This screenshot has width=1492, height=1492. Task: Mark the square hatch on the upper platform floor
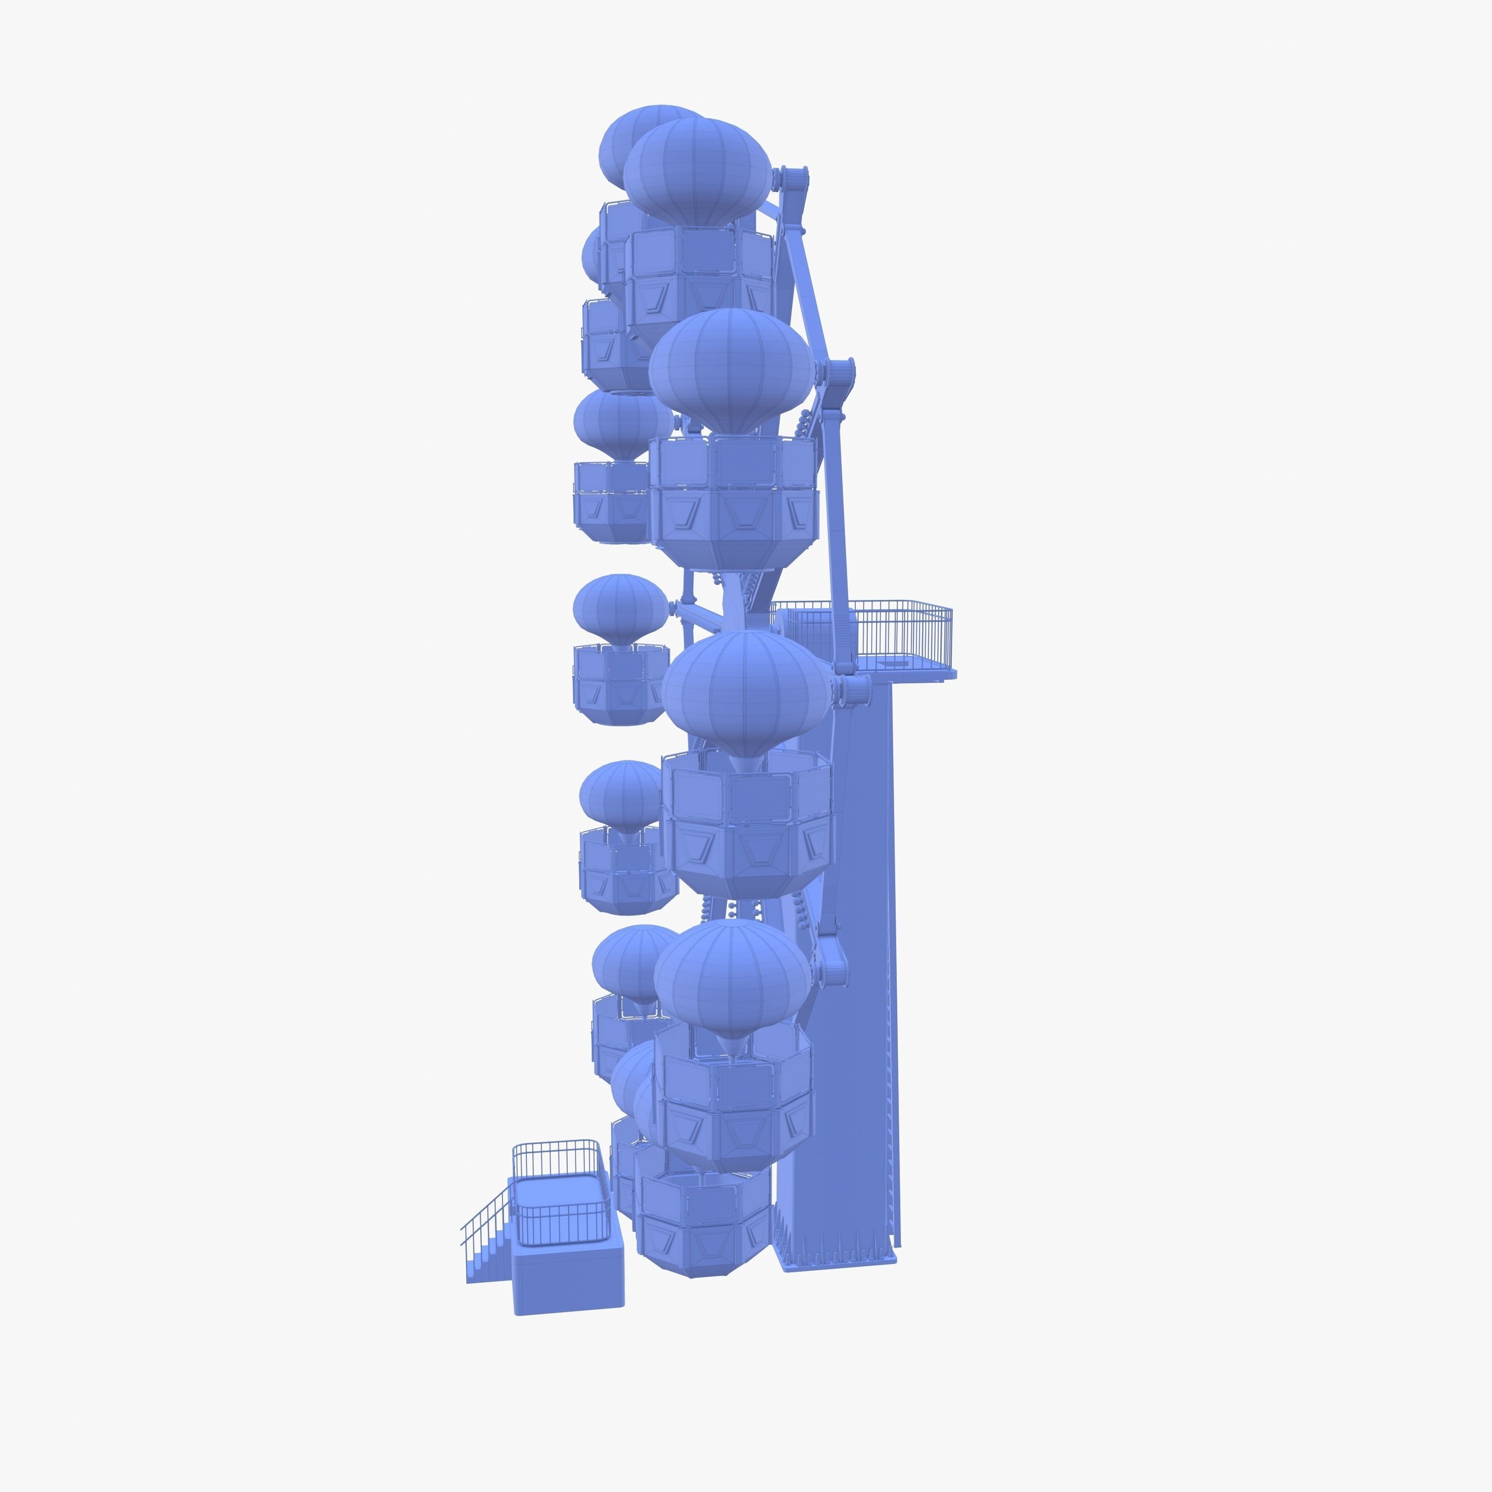click(896, 663)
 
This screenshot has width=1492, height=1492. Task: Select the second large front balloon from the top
click(730, 371)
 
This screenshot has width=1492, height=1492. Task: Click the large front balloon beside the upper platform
click(746, 691)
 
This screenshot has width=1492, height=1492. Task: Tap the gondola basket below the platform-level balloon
click(748, 823)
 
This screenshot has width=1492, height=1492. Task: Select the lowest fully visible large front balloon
click(732, 977)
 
